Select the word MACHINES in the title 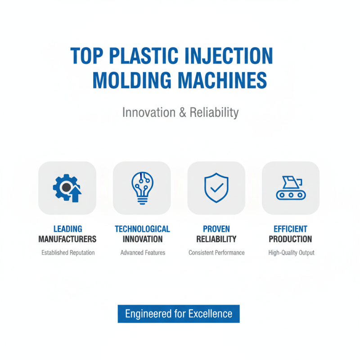tap(220, 80)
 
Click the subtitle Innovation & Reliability tap(180, 112)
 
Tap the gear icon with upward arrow tap(67, 188)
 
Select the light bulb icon tap(142, 188)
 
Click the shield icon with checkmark tap(216, 188)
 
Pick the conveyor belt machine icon tap(291, 188)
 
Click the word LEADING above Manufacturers tap(67, 229)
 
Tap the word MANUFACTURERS tap(67, 239)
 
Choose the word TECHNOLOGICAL tap(142, 229)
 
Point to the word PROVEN tap(216, 229)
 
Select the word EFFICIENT tap(291, 229)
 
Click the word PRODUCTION tap(291, 239)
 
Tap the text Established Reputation tap(68, 253)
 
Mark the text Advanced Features tap(143, 253)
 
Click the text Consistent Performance tap(216, 253)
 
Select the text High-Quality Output tap(291, 253)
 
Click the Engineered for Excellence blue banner tap(179, 314)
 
